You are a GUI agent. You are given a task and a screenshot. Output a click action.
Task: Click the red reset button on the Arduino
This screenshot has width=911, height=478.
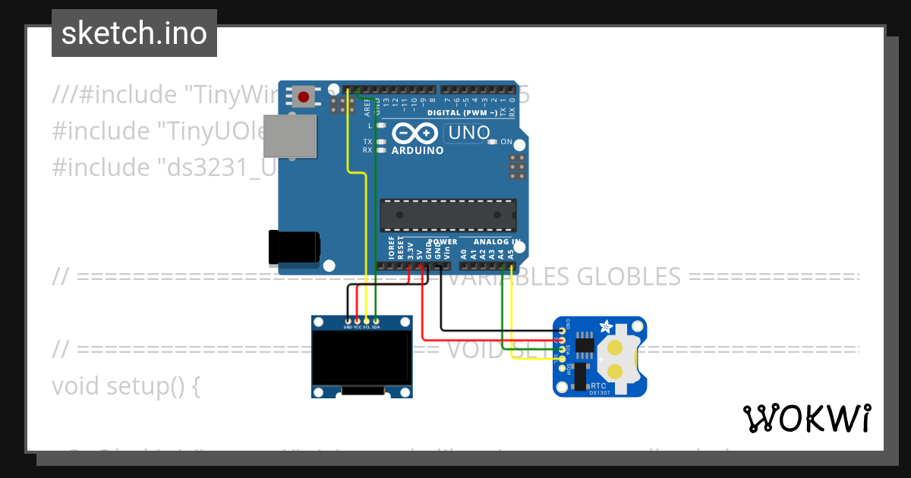(x=304, y=96)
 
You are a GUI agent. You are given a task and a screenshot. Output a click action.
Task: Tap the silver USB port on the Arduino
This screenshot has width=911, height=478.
(x=289, y=137)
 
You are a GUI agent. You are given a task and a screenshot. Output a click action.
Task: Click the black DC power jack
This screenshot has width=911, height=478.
(x=294, y=247)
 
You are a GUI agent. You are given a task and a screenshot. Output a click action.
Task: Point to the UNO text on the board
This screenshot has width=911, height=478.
(x=469, y=134)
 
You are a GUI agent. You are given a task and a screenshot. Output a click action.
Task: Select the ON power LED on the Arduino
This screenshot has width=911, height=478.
(x=493, y=142)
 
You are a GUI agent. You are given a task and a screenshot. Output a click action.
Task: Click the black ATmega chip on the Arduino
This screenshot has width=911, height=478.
(x=448, y=215)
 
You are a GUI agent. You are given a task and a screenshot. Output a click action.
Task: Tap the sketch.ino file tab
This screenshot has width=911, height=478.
(x=134, y=33)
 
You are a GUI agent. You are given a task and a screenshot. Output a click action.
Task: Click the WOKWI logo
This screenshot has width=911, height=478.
(x=806, y=418)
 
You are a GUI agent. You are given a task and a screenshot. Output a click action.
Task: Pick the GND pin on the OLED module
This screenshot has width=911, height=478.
(x=348, y=321)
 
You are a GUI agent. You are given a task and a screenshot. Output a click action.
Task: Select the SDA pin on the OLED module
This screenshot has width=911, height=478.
(x=376, y=321)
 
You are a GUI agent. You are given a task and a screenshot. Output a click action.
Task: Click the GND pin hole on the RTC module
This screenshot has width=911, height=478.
(x=563, y=331)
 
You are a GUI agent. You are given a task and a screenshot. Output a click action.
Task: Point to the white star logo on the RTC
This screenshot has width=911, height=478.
(x=605, y=327)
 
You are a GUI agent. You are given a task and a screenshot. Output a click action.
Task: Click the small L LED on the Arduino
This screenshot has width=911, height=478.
(x=381, y=125)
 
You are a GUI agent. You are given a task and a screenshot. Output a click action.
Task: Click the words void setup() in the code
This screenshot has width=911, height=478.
(x=125, y=386)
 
